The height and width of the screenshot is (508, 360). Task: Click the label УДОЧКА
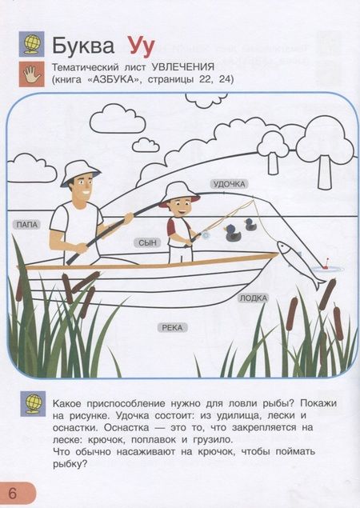tap(230, 184)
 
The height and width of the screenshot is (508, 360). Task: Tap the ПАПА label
tap(27, 225)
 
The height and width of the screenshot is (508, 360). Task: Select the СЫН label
tap(147, 242)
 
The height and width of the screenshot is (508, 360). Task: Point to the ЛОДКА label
tap(254, 298)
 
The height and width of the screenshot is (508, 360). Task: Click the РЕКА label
tap(172, 327)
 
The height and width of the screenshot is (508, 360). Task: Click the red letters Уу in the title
tap(141, 46)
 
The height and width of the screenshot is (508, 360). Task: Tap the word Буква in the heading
tap(83, 46)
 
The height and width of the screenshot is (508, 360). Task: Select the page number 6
tap(12, 493)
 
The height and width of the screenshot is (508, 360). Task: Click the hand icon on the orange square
tap(31, 74)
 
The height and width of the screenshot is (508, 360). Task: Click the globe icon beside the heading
tap(31, 44)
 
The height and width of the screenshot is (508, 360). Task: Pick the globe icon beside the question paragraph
tap(33, 404)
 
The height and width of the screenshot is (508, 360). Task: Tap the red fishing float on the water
tap(327, 263)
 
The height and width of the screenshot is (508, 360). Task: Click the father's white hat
tap(80, 173)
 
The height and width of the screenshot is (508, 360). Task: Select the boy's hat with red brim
tap(178, 194)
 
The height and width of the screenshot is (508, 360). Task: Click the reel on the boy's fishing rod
tap(205, 234)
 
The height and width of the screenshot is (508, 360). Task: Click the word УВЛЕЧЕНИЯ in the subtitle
tap(183, 67)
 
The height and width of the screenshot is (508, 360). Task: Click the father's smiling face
tap(82, 190)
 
